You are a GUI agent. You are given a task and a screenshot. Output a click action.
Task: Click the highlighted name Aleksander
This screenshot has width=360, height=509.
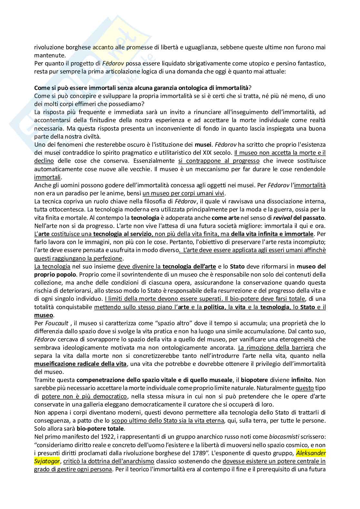tap(311, 453)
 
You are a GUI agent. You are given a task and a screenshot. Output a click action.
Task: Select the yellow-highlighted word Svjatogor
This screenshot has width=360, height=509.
tap(46, 461)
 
